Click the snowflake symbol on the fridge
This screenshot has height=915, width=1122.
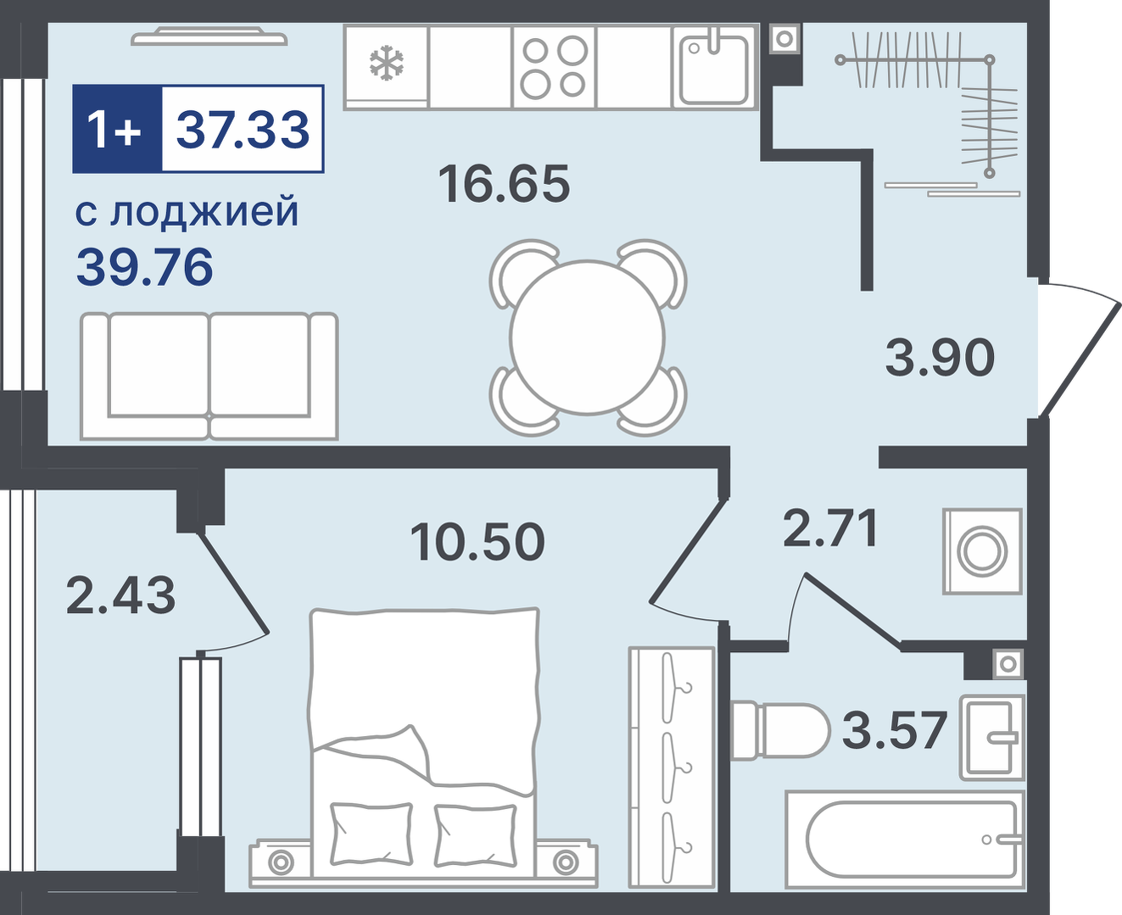tap(387, 64)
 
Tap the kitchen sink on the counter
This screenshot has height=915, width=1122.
tap(713, 67)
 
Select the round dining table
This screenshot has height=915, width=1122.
tap(588, 338)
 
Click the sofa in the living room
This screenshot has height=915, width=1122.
tap(209, 377)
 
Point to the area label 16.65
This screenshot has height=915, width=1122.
tap(504, 184)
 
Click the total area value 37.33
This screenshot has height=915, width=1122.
tap(243, 129)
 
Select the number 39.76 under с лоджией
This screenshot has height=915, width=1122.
tap(145, 268)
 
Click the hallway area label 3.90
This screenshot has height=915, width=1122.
tap(940, 358)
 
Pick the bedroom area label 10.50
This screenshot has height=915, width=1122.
tap(477, 542)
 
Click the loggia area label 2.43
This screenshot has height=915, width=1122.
tap(120, 595)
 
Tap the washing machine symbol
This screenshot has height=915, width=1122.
tap(982, 551)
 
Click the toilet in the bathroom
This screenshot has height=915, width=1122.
tap(780, 730)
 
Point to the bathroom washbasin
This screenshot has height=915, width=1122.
tap(992, 737)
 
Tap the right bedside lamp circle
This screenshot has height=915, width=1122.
tap(566, 862)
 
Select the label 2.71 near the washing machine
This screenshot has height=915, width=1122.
tap(830, 527)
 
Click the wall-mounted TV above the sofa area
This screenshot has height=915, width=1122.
tap(209, 38)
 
